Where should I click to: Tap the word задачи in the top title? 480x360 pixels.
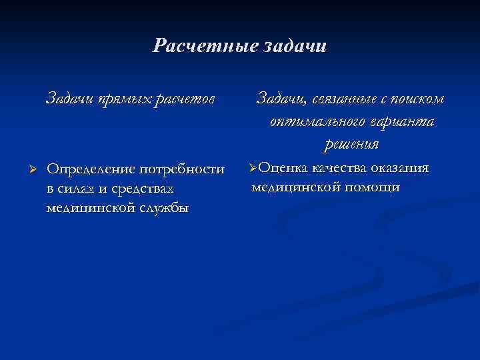click(x=293, y=46)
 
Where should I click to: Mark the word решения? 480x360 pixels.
click(x=351, y=144)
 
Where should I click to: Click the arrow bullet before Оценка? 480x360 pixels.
click(x=253, y=167)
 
